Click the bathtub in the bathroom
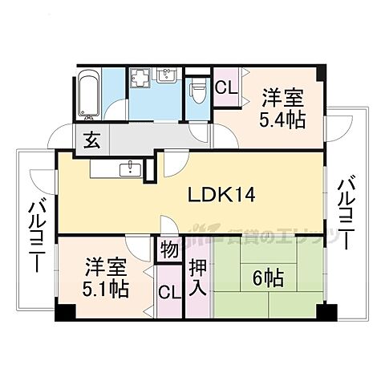click(88, 95)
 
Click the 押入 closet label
click(198, 274)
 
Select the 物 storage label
click(168, 249)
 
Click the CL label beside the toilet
click(225, 85)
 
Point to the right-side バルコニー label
click(346, 213)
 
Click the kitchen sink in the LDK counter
click(130, 169)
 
